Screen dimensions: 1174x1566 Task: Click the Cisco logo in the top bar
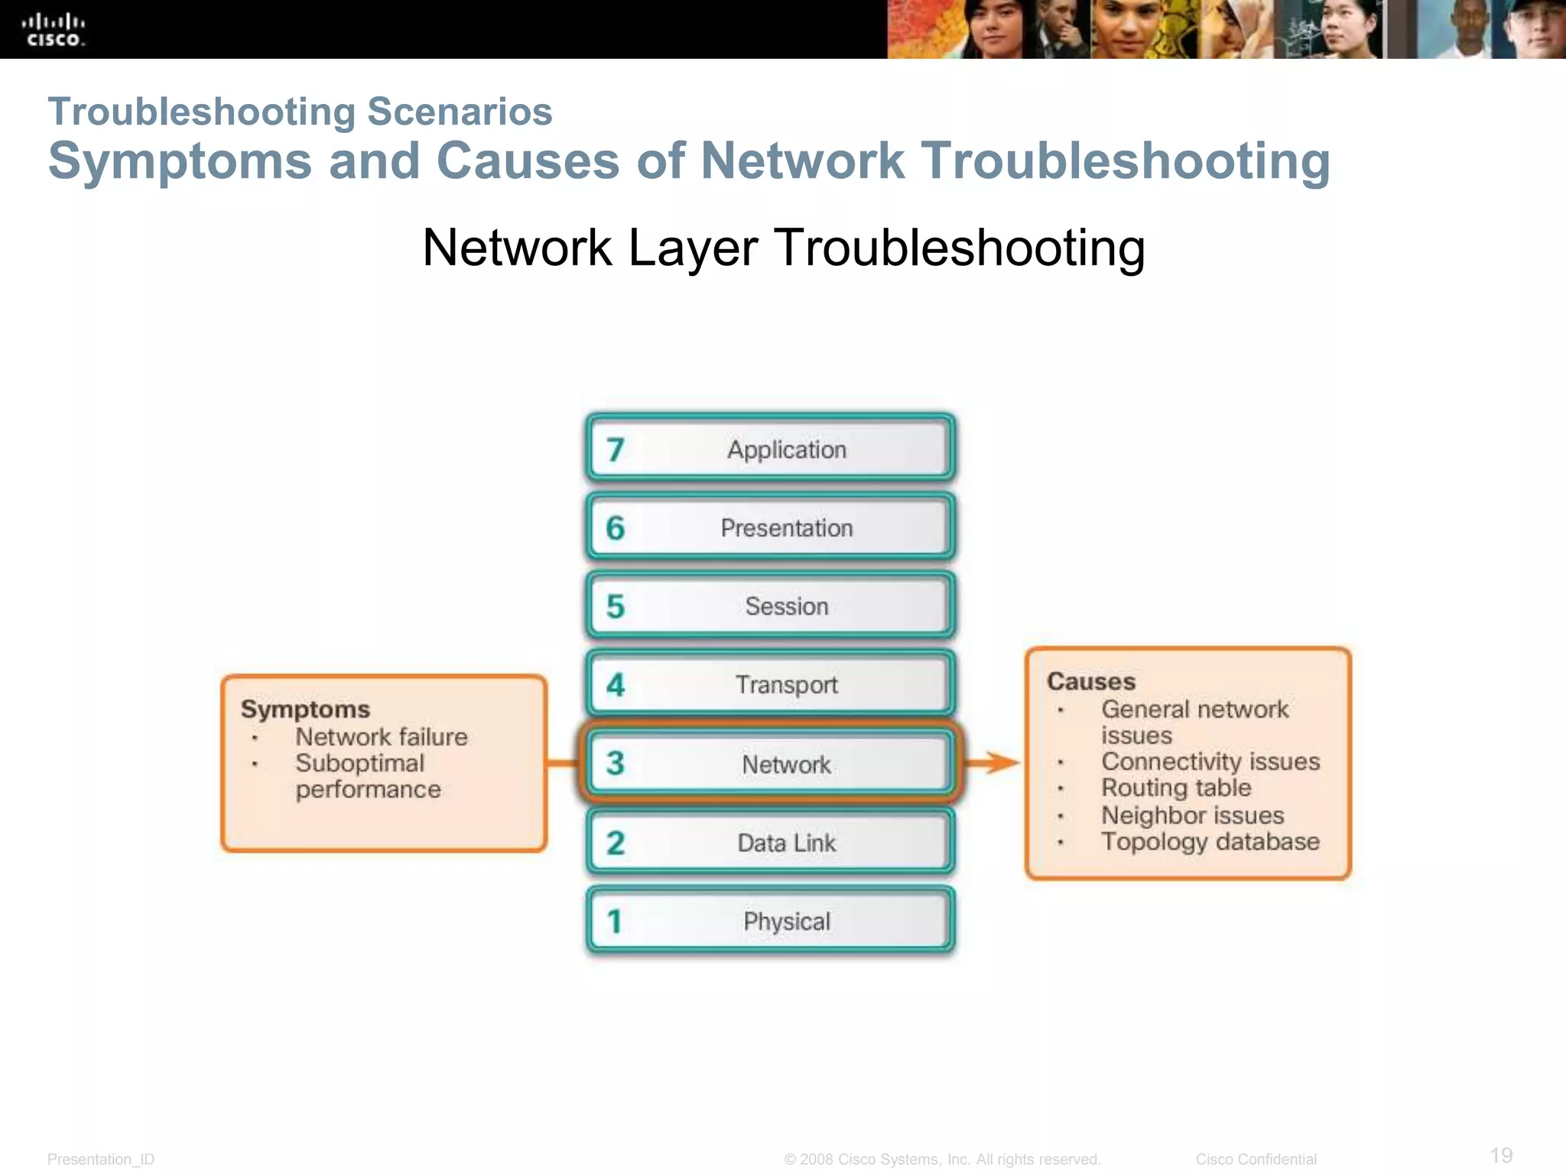[x=53, y=30]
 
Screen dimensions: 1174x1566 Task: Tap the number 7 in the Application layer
[x=616, y=449]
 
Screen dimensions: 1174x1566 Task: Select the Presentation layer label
[x=786, y=528]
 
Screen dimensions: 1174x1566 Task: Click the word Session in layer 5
[x=786, y=606]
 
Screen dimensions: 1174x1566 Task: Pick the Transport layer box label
[x=786, y=685]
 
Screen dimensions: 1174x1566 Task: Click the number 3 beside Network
[x=616, y=764]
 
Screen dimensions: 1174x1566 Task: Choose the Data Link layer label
[x=786, y=843]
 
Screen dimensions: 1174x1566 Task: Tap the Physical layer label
[x=786, y=921]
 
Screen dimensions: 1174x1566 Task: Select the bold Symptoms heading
[x=305, y=709]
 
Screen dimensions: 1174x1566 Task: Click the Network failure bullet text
[x=381, y=737]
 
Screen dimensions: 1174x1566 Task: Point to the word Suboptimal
[x=359, y=763]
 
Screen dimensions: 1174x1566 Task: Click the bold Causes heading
[x=1090, y=681]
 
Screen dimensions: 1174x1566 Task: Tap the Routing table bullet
[x=1175, y=787]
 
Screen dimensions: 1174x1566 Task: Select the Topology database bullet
[x=1210, y=842]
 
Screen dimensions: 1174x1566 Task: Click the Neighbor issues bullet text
[x=1191, y=815]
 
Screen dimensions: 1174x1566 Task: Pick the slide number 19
[x=1501, y=1155]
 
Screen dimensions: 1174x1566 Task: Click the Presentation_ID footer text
[x=101, y=1159]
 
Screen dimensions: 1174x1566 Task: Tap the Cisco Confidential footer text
[x=1256, y=1159]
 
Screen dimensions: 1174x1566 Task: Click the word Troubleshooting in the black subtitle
[x=959, y=248]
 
